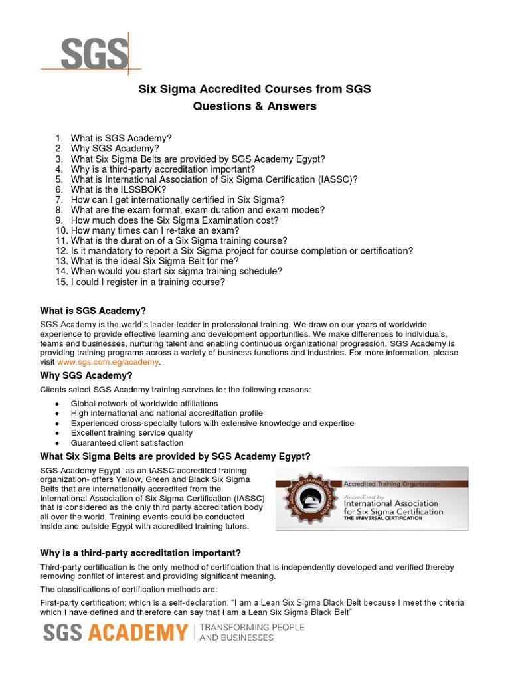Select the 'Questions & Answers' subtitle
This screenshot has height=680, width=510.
[x=254, y=106]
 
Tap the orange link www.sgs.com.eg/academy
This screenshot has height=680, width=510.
[x=108, y=362]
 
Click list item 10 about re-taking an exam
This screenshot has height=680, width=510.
[x=147, y=230]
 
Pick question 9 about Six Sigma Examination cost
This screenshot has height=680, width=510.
[x=167, y=220]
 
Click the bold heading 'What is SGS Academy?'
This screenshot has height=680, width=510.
[x=93, y=311]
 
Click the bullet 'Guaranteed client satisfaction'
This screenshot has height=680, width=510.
[x=127, y=442]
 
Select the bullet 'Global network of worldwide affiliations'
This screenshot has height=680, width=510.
[x=144, y=403]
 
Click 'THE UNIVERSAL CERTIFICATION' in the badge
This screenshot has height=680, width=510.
[x=382, y=519]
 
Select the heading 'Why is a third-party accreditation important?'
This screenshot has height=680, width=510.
[x=140, y=552]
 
